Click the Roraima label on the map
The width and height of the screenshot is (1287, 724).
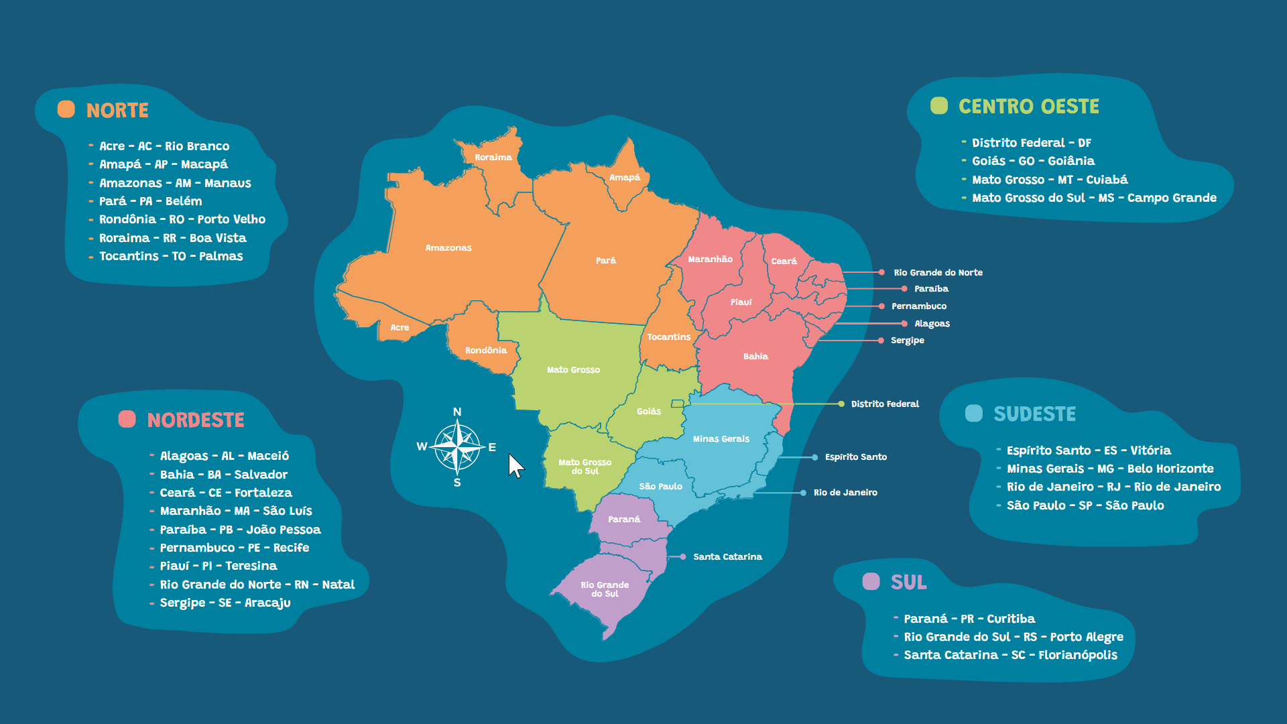tap(493, 158)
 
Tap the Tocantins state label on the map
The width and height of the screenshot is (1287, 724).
tap(668, 337)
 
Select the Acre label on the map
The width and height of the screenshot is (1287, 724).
tap(400, 328)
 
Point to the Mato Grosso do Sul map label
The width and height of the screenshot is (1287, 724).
tap(585, 467)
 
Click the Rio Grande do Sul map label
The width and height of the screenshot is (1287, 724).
tap(605, 589)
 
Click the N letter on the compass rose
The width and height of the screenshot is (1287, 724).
tap(457, 412)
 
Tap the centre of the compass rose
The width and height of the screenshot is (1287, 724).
tap(457, 446)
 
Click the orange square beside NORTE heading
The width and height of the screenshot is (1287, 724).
tap(66, 109)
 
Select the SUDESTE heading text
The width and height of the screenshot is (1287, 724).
tap(1034, 414)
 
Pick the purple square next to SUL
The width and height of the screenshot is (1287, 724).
tap(871, 581)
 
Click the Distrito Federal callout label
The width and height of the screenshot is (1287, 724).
tap(885, 404)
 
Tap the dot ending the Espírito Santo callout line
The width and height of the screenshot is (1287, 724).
tap(814, 457)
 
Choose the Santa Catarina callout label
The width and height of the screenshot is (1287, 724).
tap(727, 557)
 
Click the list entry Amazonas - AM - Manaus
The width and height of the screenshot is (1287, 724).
tap(175, 183)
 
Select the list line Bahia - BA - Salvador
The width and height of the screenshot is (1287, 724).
tap(223, 475)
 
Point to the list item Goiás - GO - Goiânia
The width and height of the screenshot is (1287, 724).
tap(1033, 161)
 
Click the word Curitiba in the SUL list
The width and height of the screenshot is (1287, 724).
tap(1011, 619)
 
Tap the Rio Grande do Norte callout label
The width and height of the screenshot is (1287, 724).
tap(938, 273)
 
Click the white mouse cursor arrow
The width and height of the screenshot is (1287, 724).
tap(515, 465)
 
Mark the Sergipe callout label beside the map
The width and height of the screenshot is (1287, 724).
tap(907, 341)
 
